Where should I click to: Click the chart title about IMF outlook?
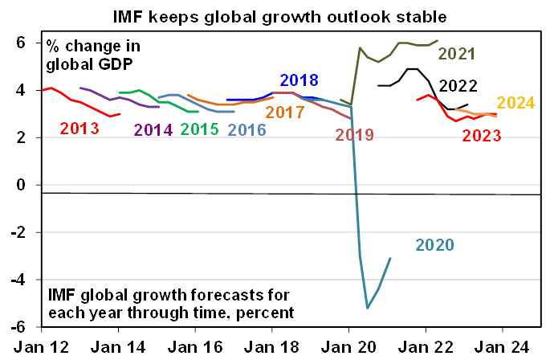click(x=275, y=14)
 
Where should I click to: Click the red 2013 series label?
click(x=80, y=129)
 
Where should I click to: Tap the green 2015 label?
click(x=201, y=129)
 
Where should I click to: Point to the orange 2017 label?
click(x=285, y=112)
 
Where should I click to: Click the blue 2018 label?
click(x=299, y=80)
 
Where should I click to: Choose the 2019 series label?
click(x=355, y=136)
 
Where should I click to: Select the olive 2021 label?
click(x=458, y=55)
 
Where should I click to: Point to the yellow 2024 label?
click(x=517, y=103)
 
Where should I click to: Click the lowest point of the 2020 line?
click(x=368, y=307)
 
